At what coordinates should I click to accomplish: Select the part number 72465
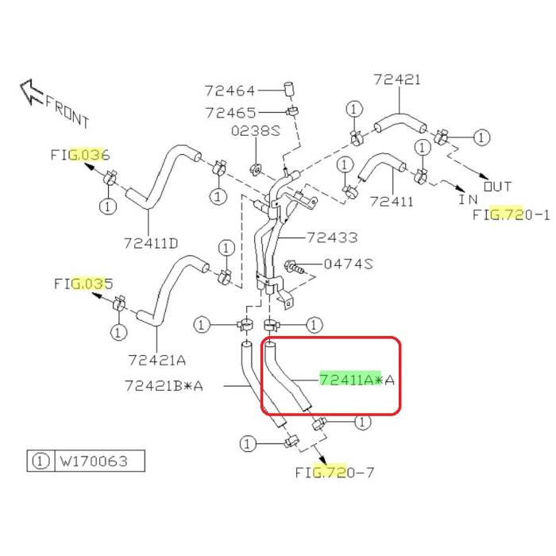coord(230,113)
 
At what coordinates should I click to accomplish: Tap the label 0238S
coord(256,132)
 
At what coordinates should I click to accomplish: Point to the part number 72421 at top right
coord(396,80)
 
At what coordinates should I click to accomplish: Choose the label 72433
coord(332,237)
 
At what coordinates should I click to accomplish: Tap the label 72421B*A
coord(164,386)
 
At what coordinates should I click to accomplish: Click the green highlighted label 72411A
coord(350,380)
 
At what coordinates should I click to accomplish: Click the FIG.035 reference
coord(83,283)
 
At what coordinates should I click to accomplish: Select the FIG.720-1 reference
coord(511,214)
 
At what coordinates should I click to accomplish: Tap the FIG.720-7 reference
coord(334,472)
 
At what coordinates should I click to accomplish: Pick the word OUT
coord(498,187)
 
